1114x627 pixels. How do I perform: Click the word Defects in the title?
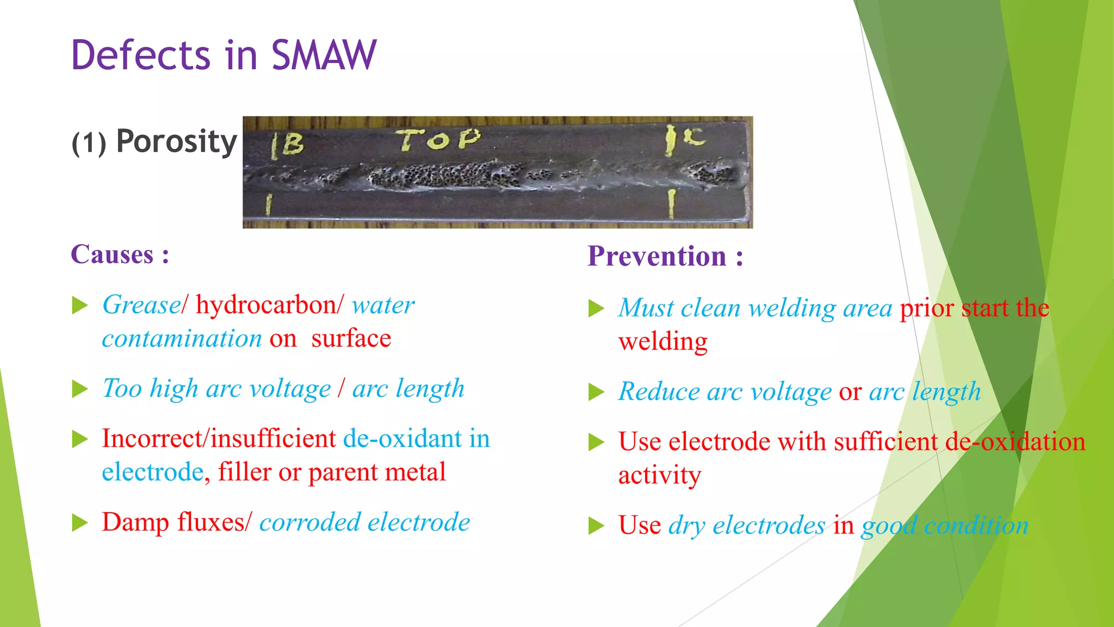[x=140, y=56]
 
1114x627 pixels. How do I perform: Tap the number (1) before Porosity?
[x=89, y=144]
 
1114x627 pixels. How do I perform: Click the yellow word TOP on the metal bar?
[x=438, y=140]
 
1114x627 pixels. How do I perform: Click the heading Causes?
[x=113, y=254]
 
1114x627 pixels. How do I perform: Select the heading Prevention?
[x=657, y=256]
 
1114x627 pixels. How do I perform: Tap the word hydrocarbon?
[x=267, y=305]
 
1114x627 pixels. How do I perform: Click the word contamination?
[x=182, y=339]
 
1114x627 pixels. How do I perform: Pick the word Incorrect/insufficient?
[x=219, y=439]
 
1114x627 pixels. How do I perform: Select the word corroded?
[x=310, y=522]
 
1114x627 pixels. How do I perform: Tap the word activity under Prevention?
[x=659, y=475]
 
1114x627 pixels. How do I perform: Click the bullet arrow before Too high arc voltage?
[x=80, y=389]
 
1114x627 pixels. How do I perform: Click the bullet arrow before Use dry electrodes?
[x=596, y=526]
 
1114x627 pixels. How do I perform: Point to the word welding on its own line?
[x=663, y=342]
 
